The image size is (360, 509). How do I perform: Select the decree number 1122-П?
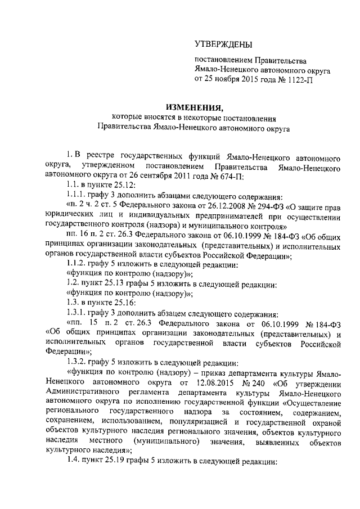click(301, 80)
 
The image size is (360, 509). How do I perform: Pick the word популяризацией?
click(209, 423)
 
